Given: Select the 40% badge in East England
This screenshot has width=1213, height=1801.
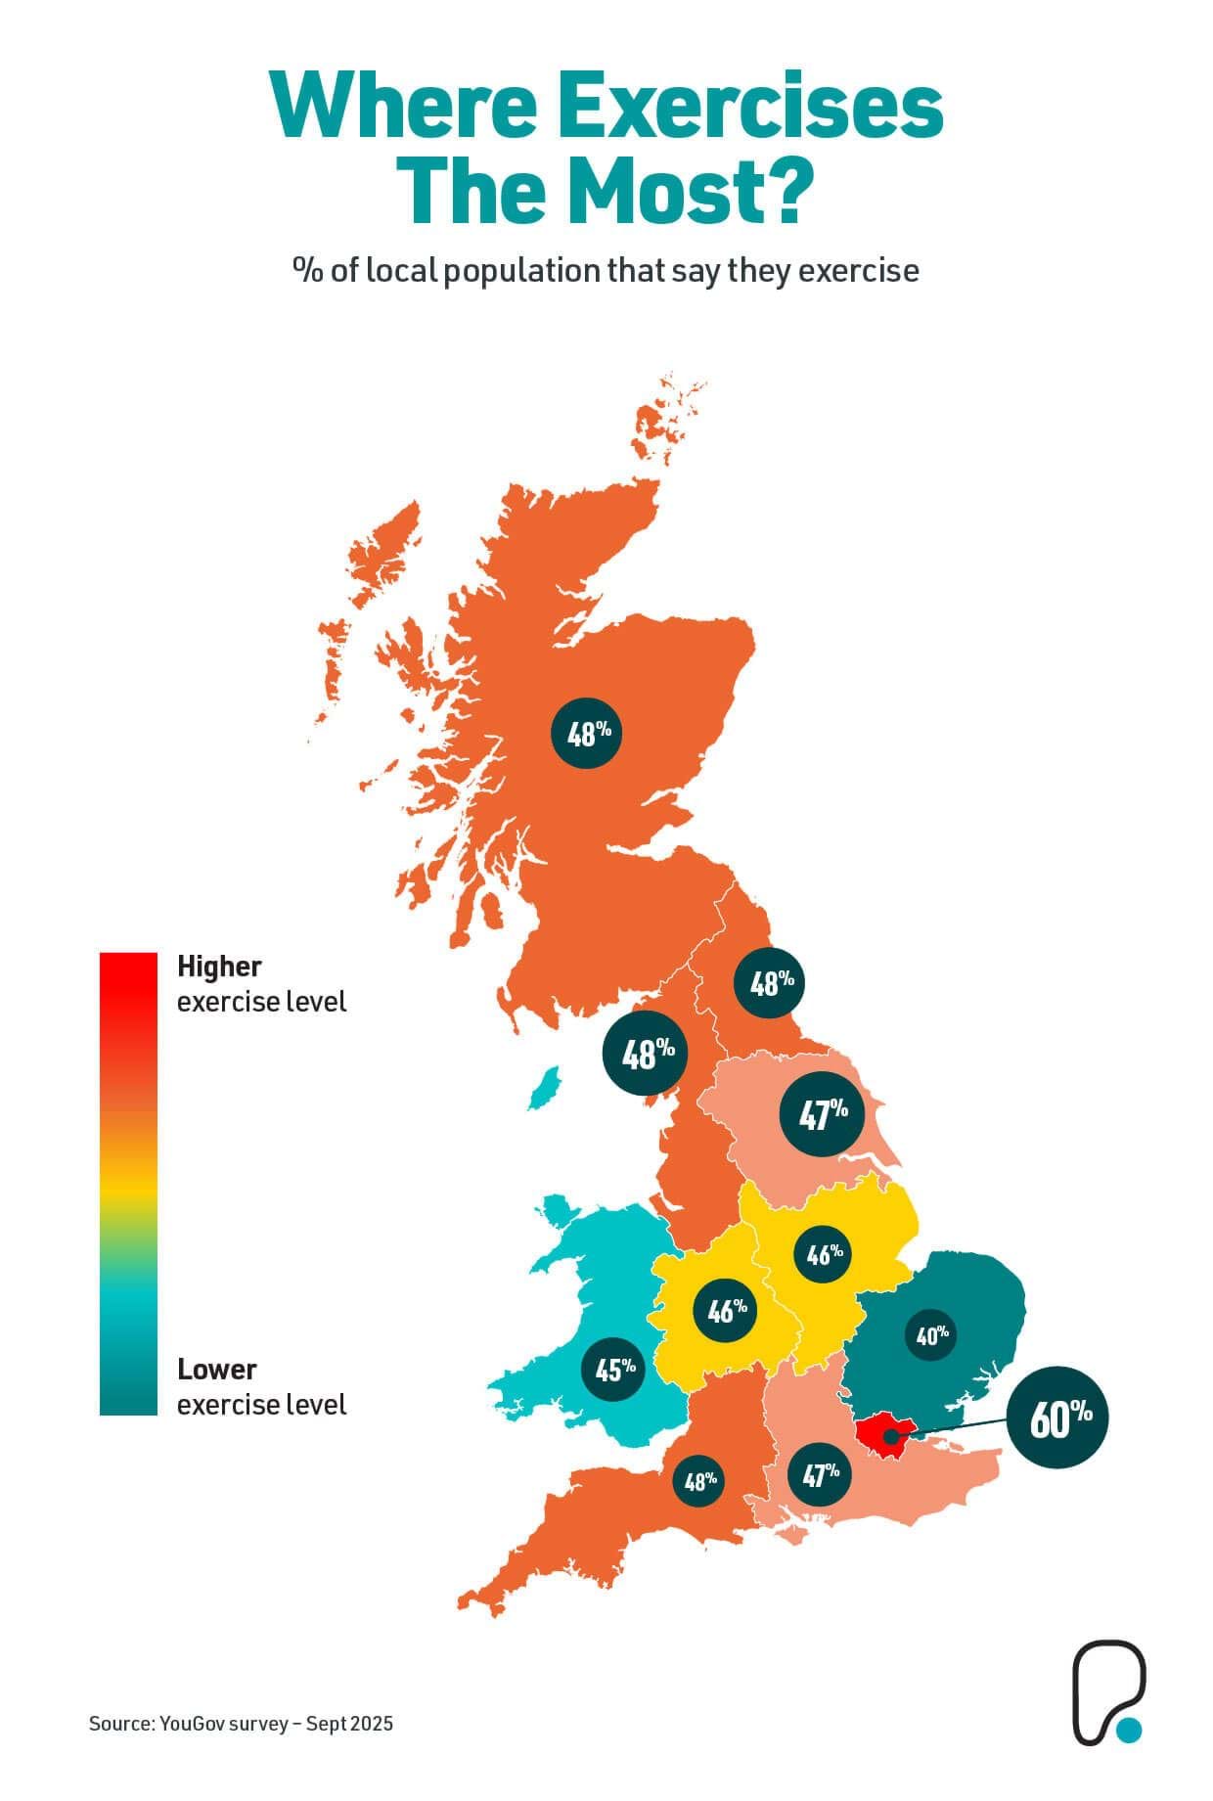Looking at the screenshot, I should point(931,1334).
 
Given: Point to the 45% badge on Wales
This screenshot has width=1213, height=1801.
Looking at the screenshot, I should point(614,1369).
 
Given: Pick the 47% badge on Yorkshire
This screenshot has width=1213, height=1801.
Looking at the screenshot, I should point(823,1113).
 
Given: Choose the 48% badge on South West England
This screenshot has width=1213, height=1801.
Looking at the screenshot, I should point(700,1481).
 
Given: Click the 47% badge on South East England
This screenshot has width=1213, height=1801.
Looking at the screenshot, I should point(820,1474).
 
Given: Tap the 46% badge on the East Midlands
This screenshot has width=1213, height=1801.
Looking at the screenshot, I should point(824,1254).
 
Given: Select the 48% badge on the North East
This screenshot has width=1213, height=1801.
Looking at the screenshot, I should point(771,982).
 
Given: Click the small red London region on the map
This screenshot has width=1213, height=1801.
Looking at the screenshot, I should point(878,1430).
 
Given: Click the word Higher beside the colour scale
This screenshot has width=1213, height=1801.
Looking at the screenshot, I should point(219,967).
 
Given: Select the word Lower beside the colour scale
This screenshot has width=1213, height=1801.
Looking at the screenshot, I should point(216,1369).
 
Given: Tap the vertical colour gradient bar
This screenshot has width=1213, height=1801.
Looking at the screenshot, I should point(128,1184).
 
